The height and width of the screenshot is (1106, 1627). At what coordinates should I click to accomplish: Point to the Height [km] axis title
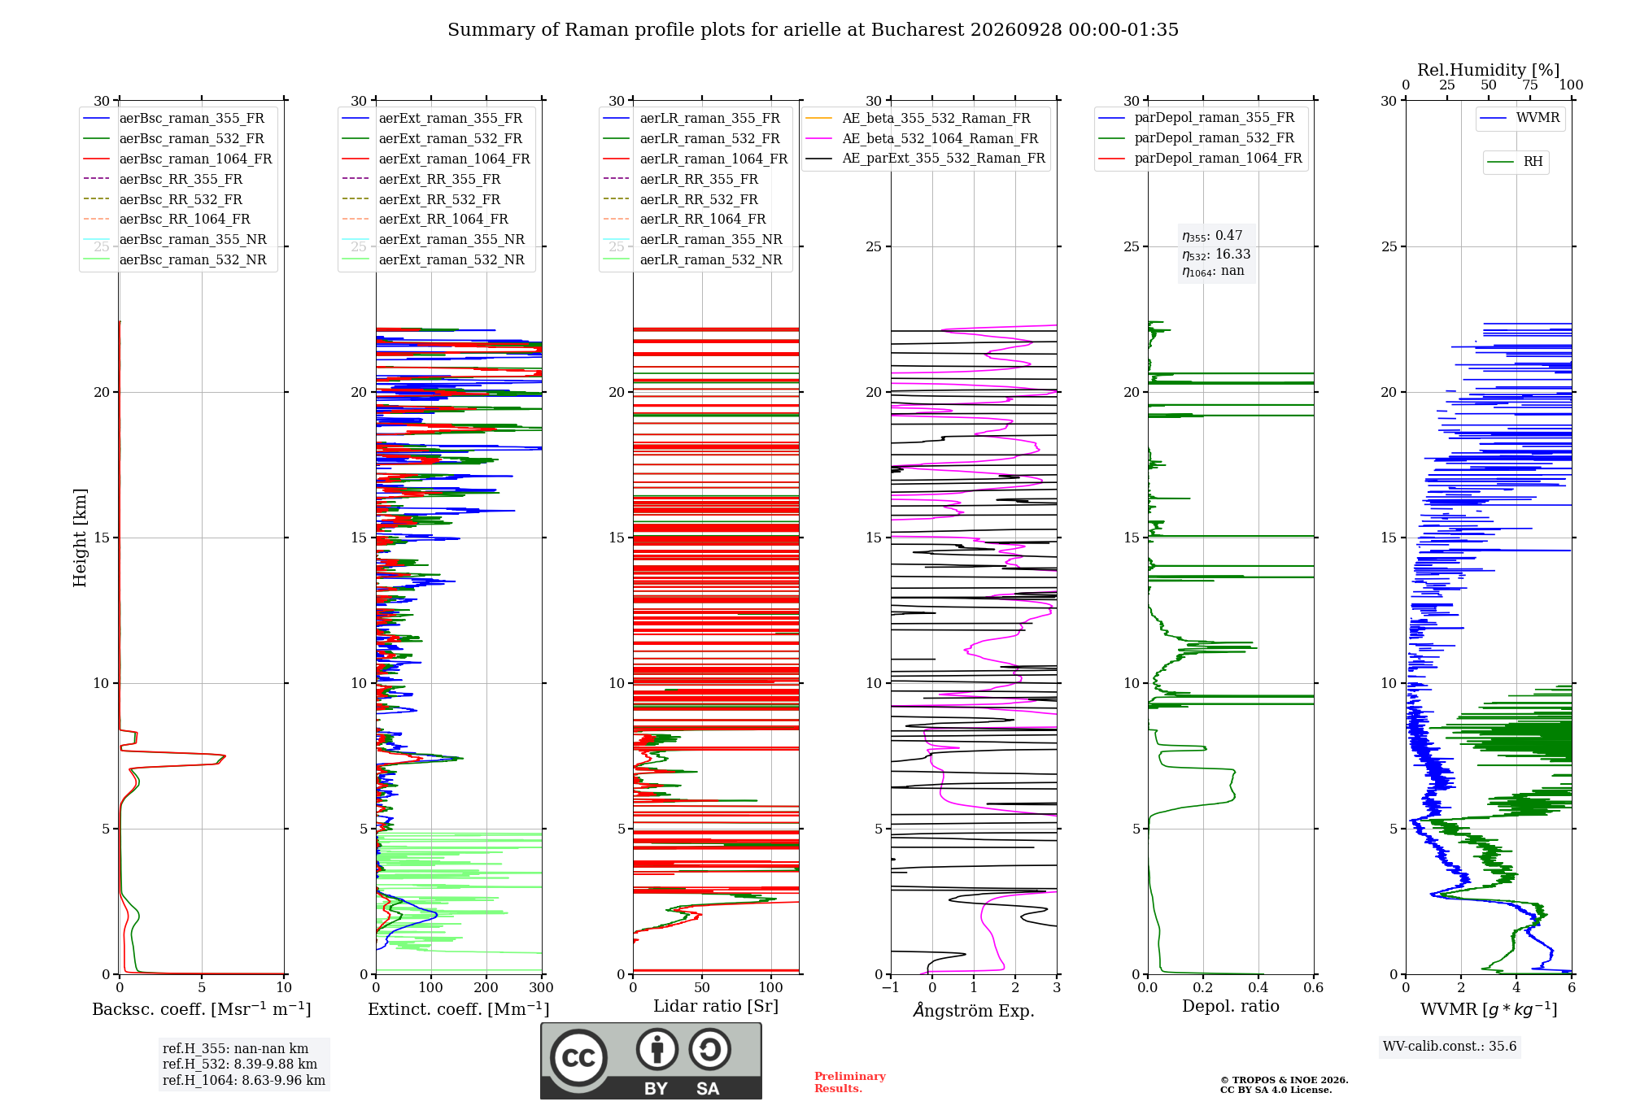coord(80,538)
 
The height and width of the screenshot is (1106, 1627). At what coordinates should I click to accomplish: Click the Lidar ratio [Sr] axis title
coord(716,1006)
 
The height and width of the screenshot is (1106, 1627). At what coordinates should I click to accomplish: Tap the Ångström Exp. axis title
coord(974,1009)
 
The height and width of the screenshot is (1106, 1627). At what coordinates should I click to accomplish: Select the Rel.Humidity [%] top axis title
coord(1489,70)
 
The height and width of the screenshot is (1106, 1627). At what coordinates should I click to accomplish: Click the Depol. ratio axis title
coord(1231,1006)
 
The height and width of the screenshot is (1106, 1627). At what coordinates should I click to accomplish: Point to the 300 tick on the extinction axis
coord(542,987)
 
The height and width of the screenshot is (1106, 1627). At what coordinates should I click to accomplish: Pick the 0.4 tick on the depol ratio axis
coord(1258,987)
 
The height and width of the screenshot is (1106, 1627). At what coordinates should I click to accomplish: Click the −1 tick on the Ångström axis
coord(891,987)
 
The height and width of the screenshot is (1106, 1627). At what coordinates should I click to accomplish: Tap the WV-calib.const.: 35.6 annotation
coord(1450,1046)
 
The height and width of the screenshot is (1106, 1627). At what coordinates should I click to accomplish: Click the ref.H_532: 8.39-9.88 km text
coord(240,1064)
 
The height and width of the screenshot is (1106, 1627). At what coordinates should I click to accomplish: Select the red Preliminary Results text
coord(850,1082)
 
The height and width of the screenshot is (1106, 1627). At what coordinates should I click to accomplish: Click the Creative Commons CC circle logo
coord(578,1058)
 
